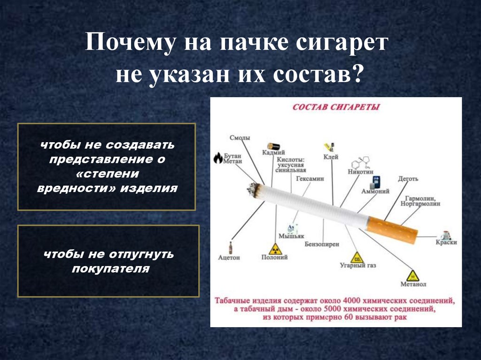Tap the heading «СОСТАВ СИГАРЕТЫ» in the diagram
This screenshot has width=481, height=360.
[x=336, y=107]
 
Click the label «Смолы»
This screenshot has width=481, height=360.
[x=240, y=138]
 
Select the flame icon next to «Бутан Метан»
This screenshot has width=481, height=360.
[x=217, y=158]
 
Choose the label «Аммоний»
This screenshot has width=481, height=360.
[x=376, y=191]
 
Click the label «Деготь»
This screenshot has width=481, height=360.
[x=408, y=179]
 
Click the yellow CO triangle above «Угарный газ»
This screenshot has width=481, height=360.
[x=357, y=257]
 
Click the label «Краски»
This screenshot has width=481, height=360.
[x=446, y=242]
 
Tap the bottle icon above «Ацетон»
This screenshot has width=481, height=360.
[x=230, y=247]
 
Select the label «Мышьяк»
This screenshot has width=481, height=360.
[x=291, y=236]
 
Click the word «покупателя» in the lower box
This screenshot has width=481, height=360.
[x=111, y=269]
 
